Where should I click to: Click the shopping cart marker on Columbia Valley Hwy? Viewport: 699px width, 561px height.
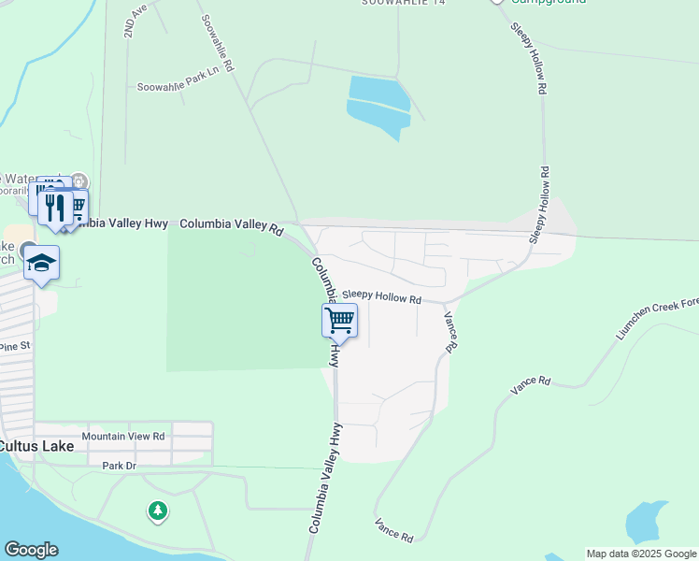pyautogui.click(x=340, y=322)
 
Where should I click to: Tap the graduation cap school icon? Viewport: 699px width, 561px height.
pyautogui.click(x=42, y=263)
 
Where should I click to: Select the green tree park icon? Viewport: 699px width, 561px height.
pyautogui.click(x=158, y=511)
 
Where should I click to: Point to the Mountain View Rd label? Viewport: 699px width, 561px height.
pyautogui.click(x=123, y=436)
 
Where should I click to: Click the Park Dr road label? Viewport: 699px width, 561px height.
pyautogui.click(x=120, y=465)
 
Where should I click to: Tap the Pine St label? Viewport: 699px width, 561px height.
pyautogui.click(x=15, y=346)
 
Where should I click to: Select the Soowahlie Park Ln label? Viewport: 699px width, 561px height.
pyautogui.click(x=178, y=86)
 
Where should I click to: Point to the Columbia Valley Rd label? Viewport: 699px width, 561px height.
pyautogui.click(x=231, y=225)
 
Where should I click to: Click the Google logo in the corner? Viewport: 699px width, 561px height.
pyautogui.click(x=31, y=550)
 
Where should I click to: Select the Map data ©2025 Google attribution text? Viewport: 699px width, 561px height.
pyautogui.click(x=641, y=554)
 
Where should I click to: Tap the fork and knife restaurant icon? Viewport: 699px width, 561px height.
pyautogui.click(x=55, y=208)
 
